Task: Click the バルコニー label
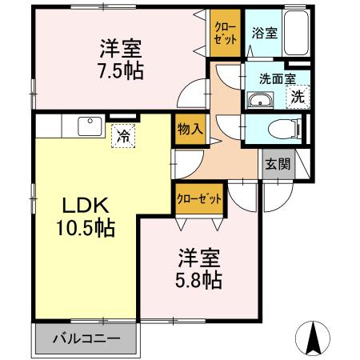tap(86, 338)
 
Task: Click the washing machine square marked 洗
tap(297, 98)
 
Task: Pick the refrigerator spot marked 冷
tap(123, 135)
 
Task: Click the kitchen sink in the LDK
tap(87, 126)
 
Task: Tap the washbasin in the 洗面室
tap(260, 100)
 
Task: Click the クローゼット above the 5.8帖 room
tap(198, 198)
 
